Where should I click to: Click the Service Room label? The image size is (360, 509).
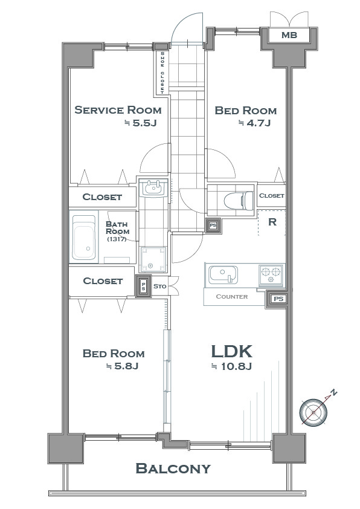118,110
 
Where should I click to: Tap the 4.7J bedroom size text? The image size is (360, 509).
254,123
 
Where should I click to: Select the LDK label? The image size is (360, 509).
231,352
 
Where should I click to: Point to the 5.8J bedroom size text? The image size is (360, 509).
123,366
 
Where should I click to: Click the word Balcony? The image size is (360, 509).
173,468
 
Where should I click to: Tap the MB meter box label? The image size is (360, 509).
289,34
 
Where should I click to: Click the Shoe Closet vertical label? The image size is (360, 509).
162,73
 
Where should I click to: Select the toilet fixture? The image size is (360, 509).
239,200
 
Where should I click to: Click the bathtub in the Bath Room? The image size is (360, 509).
84,238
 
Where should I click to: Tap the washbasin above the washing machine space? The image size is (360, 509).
153,187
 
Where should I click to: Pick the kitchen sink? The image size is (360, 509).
223,274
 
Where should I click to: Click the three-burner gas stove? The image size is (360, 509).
271,275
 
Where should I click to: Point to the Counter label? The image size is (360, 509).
231,296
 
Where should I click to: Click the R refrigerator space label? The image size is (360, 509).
272,222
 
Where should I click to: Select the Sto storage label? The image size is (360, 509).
160,287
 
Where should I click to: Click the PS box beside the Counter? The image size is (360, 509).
278,299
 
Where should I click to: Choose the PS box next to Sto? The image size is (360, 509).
143,286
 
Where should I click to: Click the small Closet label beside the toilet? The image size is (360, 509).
272,195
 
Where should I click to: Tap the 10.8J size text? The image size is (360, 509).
231,366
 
